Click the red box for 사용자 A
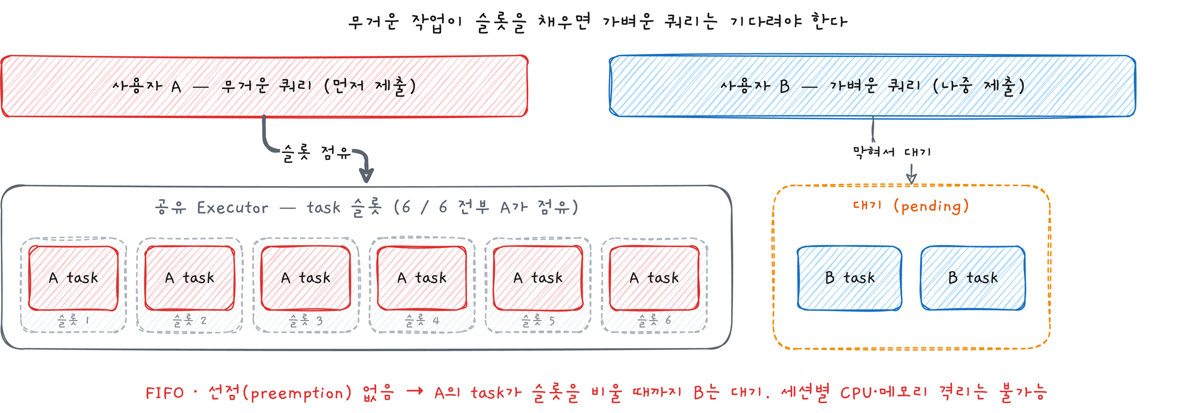point(264,86)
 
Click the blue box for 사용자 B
point(872,86)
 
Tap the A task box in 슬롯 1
point(74,278)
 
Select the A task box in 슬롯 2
point(190,278)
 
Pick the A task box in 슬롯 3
point(306,278)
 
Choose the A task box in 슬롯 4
point(422,278)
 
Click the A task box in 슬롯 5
point(538,278)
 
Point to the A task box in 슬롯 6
point(654,278)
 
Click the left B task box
point(850,278)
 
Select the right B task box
point(973,278)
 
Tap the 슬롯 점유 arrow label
point(317,153)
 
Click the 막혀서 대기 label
point(891,152)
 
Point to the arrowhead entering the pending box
point(911,179)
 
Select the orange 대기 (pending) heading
point(911,206)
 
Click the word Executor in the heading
point(232,208)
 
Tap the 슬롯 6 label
point(654,320)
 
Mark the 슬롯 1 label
point(74,320)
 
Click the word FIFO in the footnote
point(165,393)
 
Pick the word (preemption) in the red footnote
point(297,393)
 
